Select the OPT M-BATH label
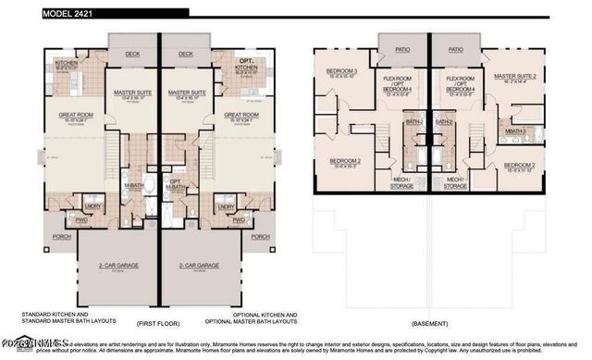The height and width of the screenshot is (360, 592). click(176, 183)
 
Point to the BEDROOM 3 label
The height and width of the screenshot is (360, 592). click(341, 70)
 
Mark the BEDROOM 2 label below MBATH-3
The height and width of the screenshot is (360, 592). click(520, 166)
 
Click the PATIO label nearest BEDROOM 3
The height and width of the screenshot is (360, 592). click(402, 50)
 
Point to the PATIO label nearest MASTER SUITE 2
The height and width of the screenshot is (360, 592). click(456, 50)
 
